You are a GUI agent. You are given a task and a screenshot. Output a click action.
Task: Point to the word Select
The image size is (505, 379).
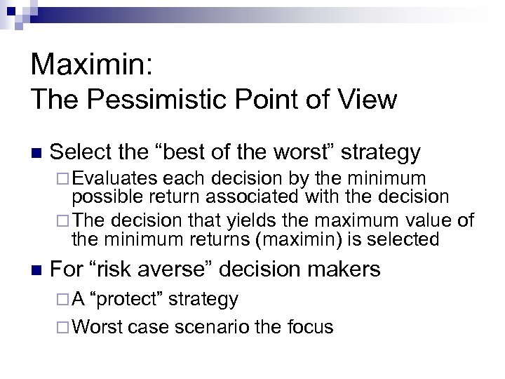(x=83, y=152)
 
